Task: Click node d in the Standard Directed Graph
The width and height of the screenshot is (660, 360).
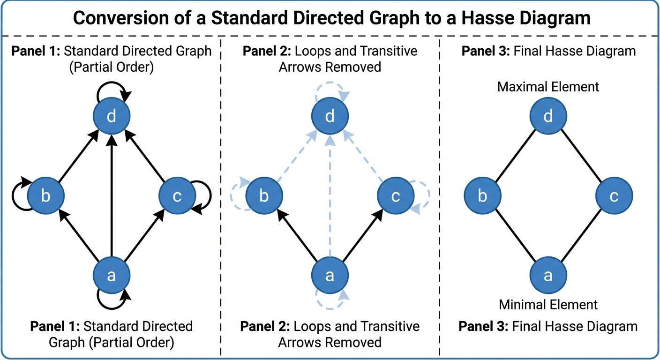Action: point(111,116)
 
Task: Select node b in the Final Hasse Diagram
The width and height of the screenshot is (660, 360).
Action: point(482,196)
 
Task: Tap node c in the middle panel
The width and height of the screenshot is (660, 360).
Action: point(396,196)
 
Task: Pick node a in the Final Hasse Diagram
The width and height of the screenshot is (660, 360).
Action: point(548,276)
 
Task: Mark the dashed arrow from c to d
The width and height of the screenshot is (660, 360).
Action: point(364,157)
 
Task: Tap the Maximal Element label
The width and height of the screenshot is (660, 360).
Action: point(548,87)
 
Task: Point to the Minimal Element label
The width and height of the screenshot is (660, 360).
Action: point(548,305)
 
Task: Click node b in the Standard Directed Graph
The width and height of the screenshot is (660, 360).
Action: point(45,196)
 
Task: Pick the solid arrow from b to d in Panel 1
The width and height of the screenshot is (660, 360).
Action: point(78,157)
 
